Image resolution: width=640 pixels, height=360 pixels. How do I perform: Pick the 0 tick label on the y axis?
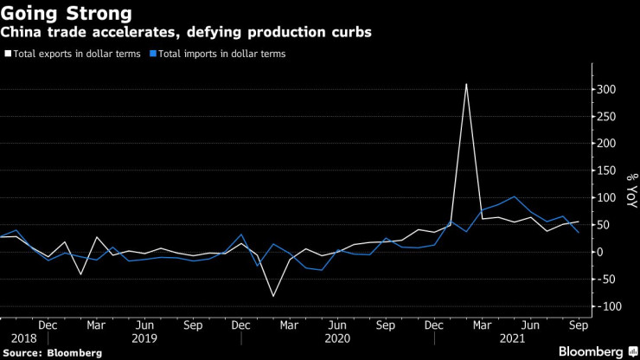click(x=598, y=252)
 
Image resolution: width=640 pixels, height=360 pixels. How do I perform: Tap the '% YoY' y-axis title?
click(x=630, y=190)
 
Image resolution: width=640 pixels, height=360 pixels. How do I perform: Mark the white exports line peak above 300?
click(x=466, y=84)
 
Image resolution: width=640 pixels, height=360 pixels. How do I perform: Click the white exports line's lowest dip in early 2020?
click(x=274, y=297)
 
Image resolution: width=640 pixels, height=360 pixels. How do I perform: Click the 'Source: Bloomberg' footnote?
click(x=52, y=353)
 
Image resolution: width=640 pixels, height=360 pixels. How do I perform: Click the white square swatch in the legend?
click(x=8, y=54)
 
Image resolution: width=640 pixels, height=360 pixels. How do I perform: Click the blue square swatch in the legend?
click(x=153, y=54)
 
